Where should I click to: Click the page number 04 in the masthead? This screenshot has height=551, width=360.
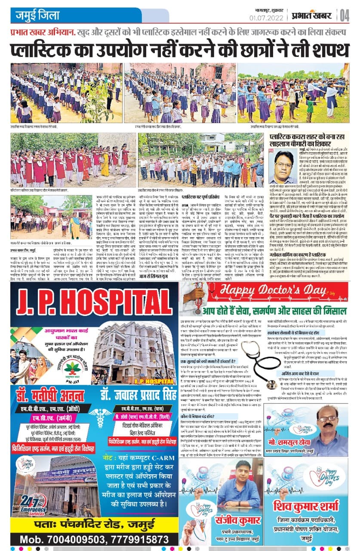coord(345,15)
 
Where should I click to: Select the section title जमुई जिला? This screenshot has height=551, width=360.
coord(38,16)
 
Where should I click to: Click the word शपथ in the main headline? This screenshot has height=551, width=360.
coord(323,50)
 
